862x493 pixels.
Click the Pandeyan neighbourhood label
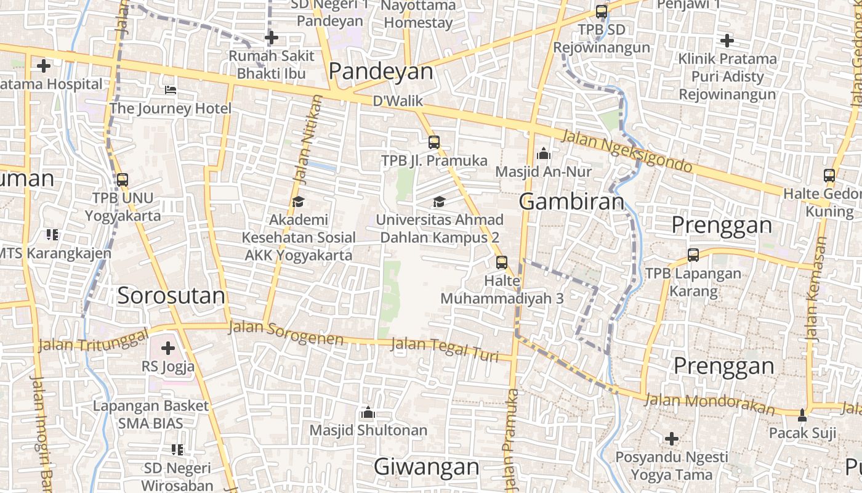tap(381, 71)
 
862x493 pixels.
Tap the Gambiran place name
tap(571, 202)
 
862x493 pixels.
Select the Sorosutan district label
tap(171, 296)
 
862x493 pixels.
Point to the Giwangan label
tap(426, 467)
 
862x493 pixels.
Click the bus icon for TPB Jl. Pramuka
tap(434, 142)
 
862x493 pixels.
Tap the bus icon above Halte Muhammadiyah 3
tap(502, 263)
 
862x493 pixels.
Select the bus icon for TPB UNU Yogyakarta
tap(123, 180)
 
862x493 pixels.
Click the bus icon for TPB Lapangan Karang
tap(693, 255)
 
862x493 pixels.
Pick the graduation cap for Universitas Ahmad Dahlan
tap(439, 202)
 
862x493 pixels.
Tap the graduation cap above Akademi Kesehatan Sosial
tap(298, 202)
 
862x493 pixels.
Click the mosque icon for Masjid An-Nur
tap(544, 153)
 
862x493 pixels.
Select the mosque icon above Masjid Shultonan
tap(368, 412)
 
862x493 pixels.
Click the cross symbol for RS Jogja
tap(167, 348)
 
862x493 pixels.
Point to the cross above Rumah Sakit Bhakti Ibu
tap(272, 38)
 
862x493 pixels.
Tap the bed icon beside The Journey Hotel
tap(171, 91)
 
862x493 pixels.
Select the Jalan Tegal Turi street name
tap(445, 349)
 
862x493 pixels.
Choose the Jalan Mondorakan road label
tap(709, 404)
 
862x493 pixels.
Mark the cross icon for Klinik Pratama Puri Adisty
tap(727, 41)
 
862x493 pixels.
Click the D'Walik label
tap(395, 100)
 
